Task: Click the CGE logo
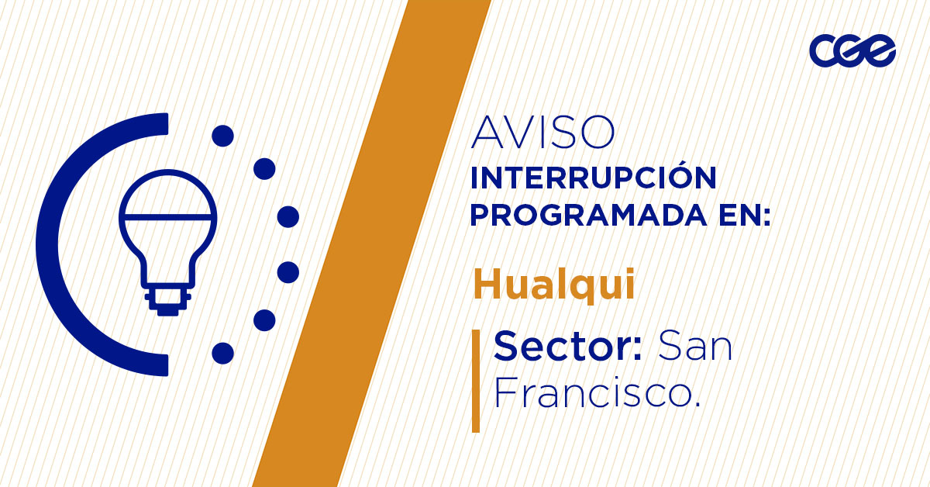pyautogui.click(x=852, y=51)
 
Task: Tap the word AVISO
pyautogui.click(x=542, y=133)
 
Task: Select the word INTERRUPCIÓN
pyautogui.click(x=593, y=178)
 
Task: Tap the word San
pyautogui.click(x=695, y=346)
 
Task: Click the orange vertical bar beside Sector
pyautogui.click(x=476, y=380)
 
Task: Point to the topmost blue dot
pyautogui.click(x=222, y=136)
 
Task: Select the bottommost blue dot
pyautogui.click(x=222, y=353)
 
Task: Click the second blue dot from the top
pyautogui.click(x=265, y=168)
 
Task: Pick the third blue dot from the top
pyautogui.click(x=288, y=216)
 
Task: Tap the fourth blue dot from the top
pyautogui.click(x=288, y=272)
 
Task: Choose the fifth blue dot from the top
pyautogui.click(x=265, y=320)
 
